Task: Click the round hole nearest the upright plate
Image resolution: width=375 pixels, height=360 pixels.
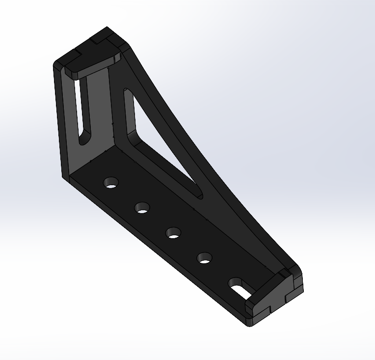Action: click(x=111, y=183)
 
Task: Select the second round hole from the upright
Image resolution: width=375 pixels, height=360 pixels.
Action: click(x=142, y=208)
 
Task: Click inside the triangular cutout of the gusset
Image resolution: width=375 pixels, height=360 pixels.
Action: click(x=152, y=142)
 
